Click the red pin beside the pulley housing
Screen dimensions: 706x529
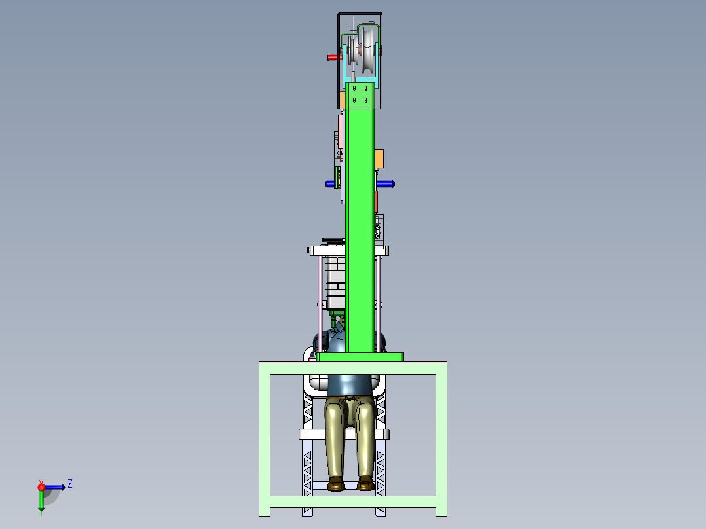point(333,57)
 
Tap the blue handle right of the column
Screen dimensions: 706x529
point(385,184)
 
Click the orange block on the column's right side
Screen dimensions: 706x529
point(379,159)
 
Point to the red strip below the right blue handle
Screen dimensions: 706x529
point(376,201)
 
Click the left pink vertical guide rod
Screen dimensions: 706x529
point(320,304)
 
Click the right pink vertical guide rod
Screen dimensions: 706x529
point(379,304)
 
